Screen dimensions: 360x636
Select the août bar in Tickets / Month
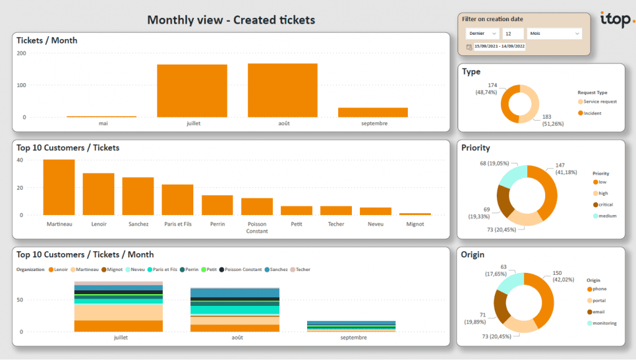[x=282, y=90]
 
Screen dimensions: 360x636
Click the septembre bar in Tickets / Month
[x=373, y=113]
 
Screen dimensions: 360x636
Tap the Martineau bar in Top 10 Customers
[x=59, y=187]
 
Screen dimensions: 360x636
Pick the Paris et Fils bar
[x=177, y=200]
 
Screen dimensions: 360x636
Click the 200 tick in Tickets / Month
[x=21, y=53]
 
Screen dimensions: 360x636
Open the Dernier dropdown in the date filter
[x=482, y=34]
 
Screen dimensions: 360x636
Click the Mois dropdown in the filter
[x=554, y=34]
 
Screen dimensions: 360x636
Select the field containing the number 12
[x=513, y=34]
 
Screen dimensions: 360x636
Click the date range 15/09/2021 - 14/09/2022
[x=499, y=47]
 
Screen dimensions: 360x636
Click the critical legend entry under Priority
[x=606, y=205]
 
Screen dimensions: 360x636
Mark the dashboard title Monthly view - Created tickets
[x=231, y=20]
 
